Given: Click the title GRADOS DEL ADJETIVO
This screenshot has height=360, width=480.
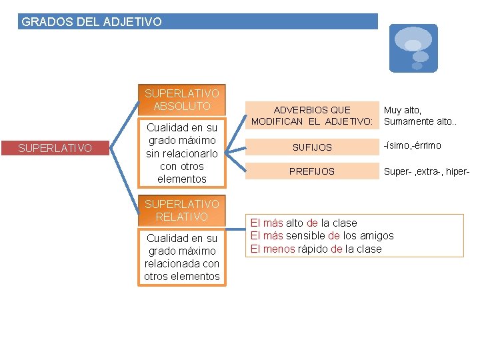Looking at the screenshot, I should pos(92,22).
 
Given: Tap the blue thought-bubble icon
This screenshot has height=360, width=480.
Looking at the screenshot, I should pos(413,48).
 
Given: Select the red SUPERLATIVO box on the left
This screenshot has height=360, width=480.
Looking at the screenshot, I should pos(55,148).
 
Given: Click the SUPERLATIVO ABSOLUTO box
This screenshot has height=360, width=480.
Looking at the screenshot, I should pos(181,100).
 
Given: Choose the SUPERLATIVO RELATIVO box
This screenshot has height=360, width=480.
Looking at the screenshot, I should pos(181,210).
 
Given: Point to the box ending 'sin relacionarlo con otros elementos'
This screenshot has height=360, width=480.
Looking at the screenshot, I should pos(181,153).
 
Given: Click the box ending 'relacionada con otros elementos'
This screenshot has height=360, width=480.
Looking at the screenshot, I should pos(181,257).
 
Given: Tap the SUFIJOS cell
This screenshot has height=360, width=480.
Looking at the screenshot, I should pos(312,147).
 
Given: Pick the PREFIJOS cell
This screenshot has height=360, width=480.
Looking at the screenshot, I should pos(312,171).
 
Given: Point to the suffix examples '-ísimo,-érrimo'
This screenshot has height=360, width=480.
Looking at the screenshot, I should pos(412,146).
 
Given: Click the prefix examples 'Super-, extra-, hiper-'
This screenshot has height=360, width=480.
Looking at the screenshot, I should pos(427,171).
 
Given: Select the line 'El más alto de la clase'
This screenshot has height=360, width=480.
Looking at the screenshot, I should pos(303,223).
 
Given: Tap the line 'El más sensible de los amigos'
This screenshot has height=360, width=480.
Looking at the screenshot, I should pos(321,235).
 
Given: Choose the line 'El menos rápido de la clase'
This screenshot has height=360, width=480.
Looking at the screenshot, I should pos(315,249).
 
